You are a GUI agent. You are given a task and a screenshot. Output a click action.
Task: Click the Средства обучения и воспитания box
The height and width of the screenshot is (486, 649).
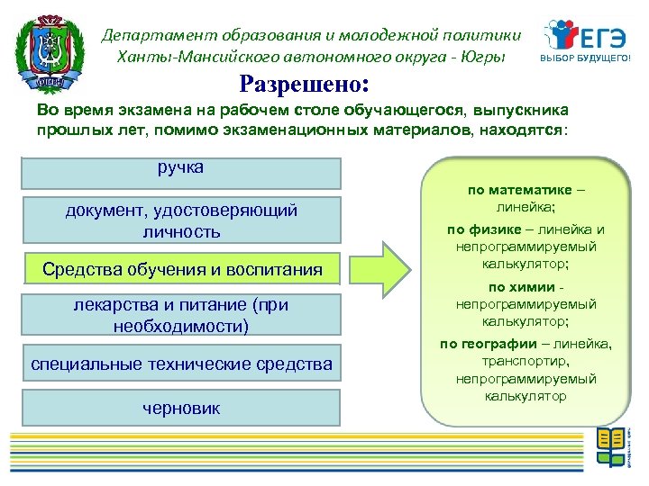(181, 269)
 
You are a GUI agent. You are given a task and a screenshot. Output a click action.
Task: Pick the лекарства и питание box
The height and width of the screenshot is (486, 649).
(181, 316)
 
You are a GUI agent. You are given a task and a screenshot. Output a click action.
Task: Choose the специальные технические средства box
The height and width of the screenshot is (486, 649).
(181, 364)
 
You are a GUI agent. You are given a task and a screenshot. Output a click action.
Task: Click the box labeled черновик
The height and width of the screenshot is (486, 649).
(181, 408)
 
